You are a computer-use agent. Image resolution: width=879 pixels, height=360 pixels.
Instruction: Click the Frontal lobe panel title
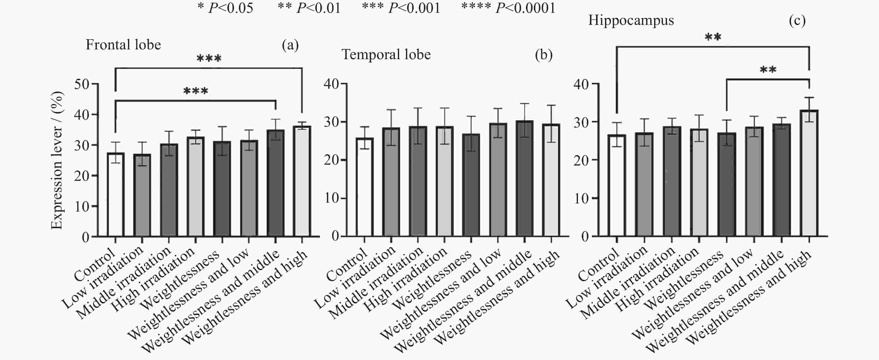[123, 45]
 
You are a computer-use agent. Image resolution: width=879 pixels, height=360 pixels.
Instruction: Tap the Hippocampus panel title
[631, 20]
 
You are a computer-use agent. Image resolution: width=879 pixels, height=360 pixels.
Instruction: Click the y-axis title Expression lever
[57, 160]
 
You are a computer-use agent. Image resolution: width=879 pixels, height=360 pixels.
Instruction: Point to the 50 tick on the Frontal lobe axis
[82, 84]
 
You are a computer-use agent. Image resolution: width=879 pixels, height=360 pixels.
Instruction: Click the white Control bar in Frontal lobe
[115, 195]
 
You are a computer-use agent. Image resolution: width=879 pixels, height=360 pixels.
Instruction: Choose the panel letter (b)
[544, 55]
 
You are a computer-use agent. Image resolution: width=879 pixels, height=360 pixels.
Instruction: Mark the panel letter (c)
[797, 20]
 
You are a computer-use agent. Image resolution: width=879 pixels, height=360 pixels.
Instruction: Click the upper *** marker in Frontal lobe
[209, 58]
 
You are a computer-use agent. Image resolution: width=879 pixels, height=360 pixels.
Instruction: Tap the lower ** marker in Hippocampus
[768, 70]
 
